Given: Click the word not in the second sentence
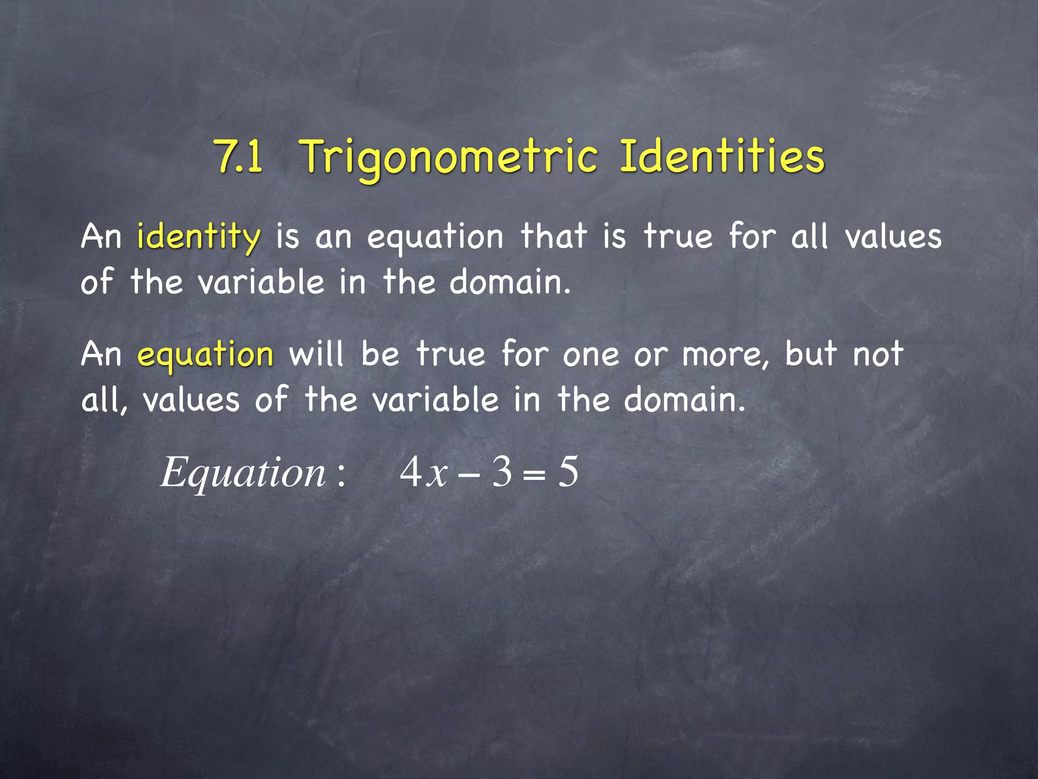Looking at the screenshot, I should tap(878, 354).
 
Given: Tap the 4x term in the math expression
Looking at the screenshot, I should tap(424, 473).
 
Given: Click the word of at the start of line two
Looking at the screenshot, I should tap(97, 282).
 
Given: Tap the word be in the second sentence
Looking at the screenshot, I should tap(380, 353).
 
